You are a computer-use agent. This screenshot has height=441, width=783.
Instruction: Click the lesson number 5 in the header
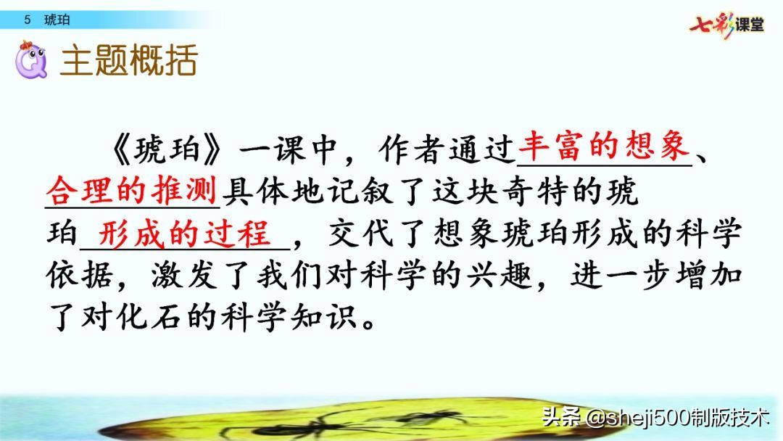[27, 20]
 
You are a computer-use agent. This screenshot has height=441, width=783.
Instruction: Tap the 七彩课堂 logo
[726, 25]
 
